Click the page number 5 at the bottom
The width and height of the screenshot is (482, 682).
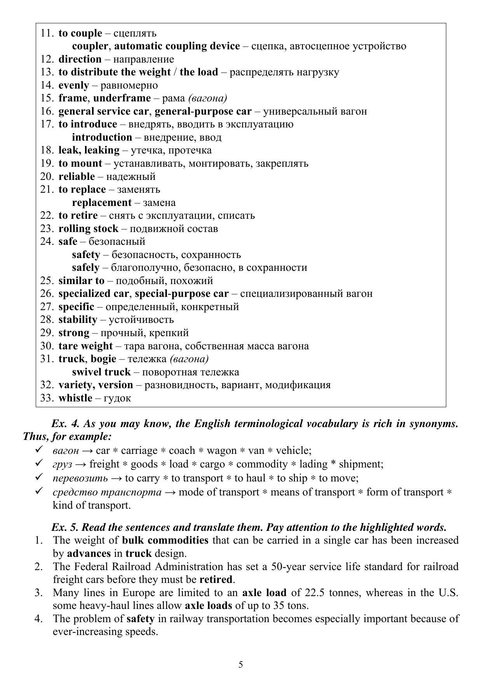click(x=241, y=664)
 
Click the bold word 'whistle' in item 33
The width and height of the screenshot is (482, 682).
click(x=75, y=398)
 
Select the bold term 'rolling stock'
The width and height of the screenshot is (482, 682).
click(x=88, y=228)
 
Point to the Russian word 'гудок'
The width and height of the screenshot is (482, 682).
click(x=118, y=398)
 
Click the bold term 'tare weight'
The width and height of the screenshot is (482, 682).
click(x=85, y=346)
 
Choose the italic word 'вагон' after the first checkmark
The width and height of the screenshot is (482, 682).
click(x=66, y=450)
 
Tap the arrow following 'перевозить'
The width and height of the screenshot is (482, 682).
click(x=116, y=478)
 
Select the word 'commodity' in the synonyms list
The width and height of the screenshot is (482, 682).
click(x=262, y=464)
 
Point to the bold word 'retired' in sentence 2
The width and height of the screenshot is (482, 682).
click(x=216, y=579)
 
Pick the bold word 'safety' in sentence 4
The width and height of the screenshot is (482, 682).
click(x=141, y=618)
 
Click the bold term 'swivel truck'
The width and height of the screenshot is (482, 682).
click(x=101, y=372)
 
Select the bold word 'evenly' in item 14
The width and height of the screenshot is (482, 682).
click(x=74, y=85)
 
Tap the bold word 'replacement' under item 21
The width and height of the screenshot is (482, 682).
click(x=102, y=202)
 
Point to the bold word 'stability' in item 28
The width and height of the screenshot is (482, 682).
click(x=78, y=319)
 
